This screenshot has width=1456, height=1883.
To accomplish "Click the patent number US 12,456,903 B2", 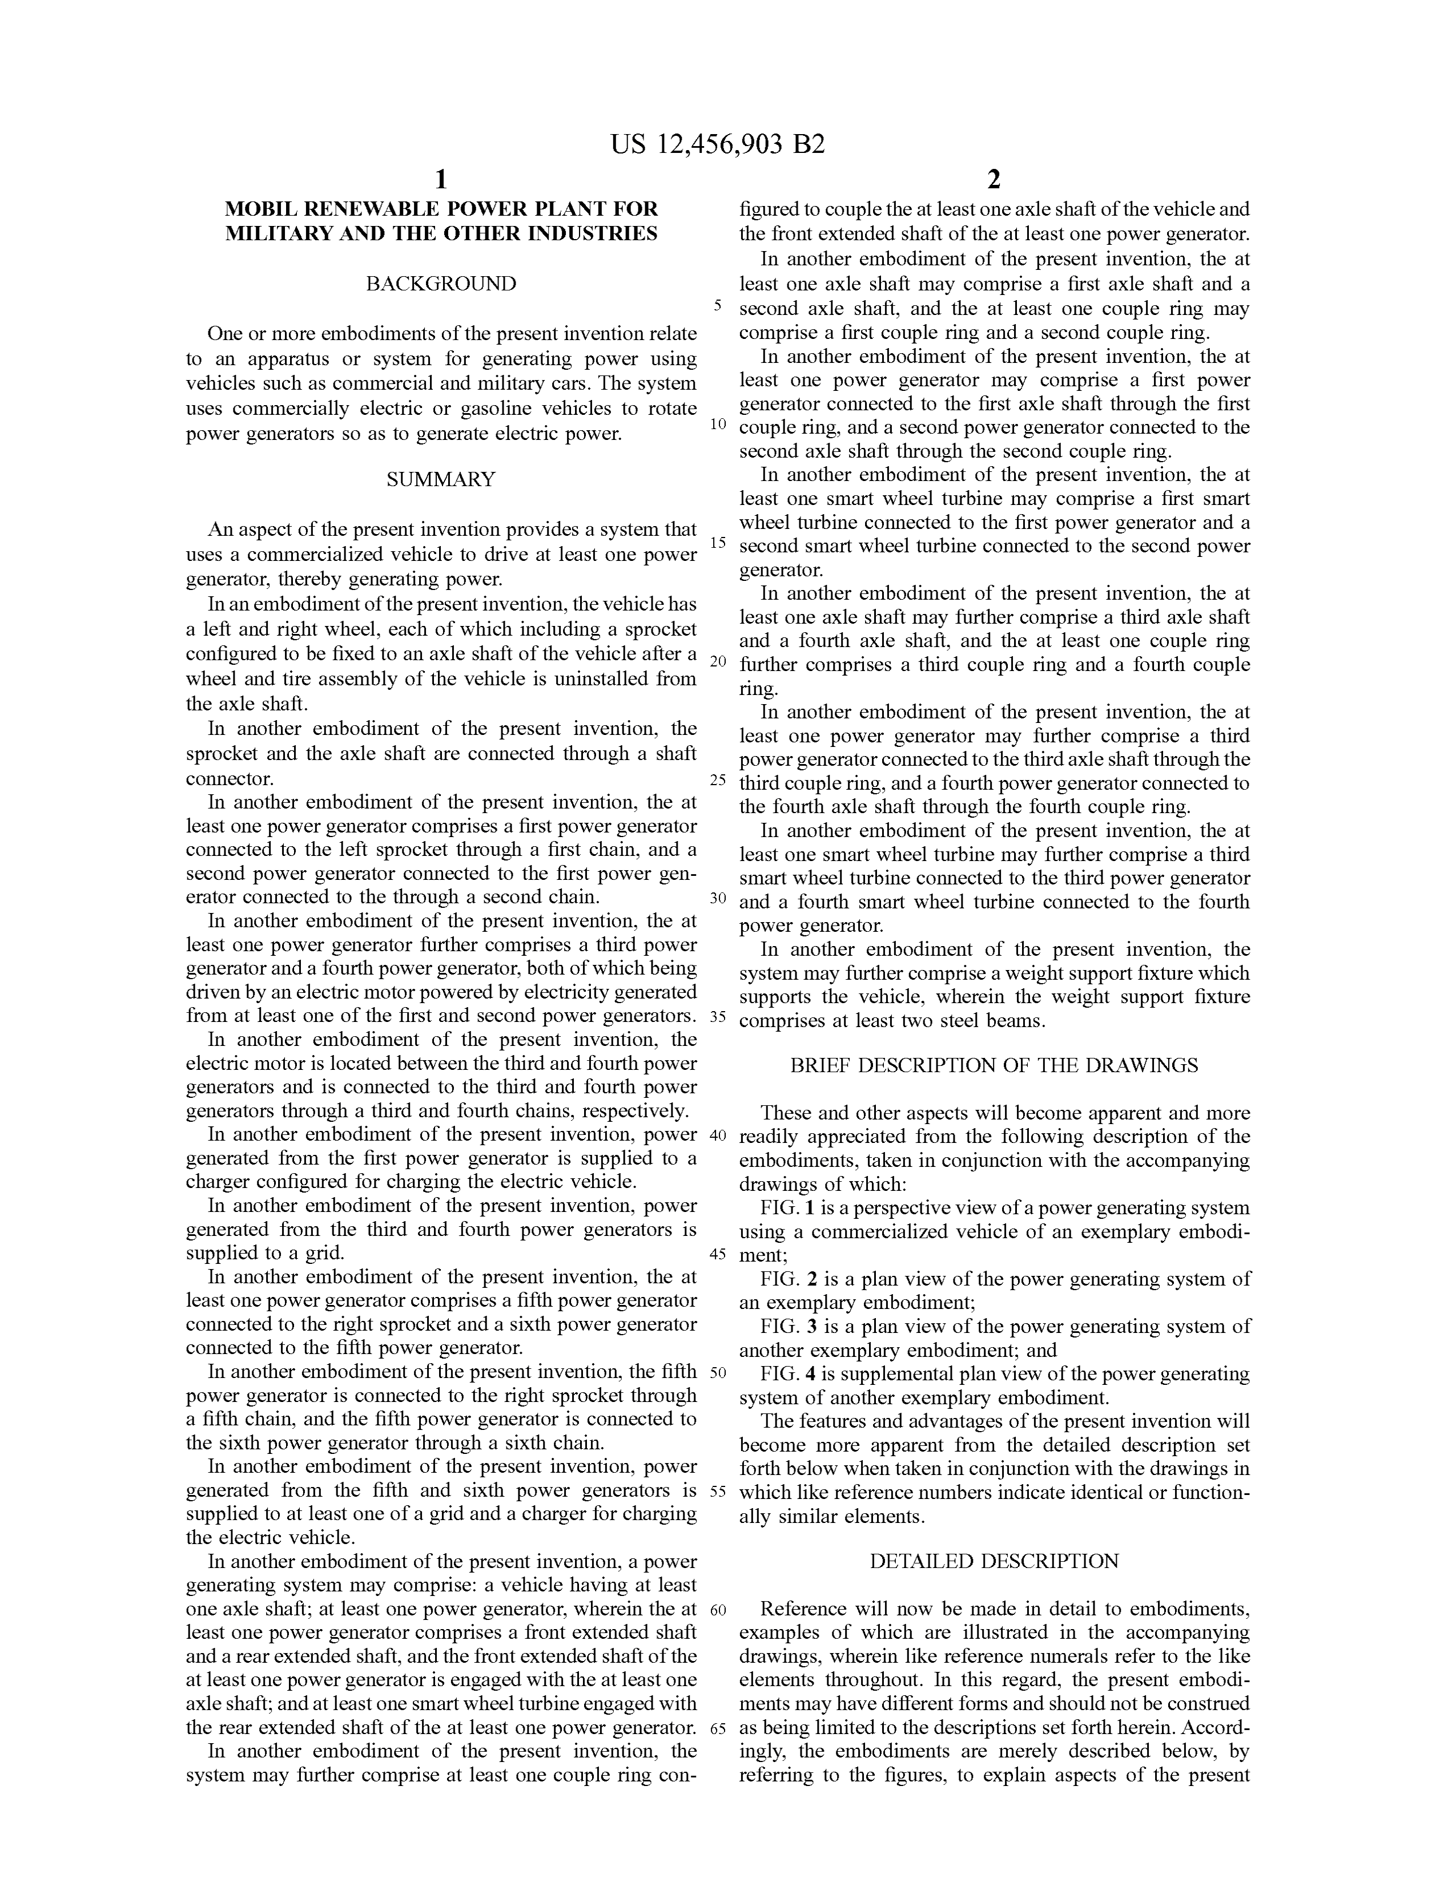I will (x=718, y=144).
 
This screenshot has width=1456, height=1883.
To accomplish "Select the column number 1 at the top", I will (x=441, y=179).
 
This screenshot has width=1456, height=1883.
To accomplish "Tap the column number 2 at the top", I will (x=994, y=179).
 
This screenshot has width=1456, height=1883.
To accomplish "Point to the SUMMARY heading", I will (x=441, y=479).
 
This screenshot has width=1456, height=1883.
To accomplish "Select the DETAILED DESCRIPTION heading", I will (x=994, y=1561).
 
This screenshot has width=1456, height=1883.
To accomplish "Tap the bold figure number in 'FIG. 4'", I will (x=811, y=1372).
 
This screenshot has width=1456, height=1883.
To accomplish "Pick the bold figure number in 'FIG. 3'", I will (x=811, y=1326).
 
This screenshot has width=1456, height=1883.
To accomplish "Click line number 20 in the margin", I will (x=718, y=661).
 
